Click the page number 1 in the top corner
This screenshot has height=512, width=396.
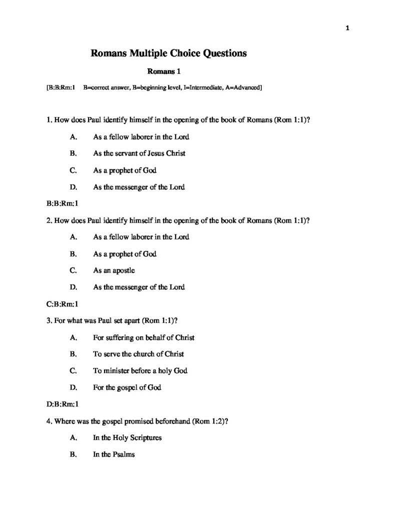click(347, 28)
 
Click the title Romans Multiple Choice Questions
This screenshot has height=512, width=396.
click(168, 53)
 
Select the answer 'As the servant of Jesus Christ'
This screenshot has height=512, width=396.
click(139, 153)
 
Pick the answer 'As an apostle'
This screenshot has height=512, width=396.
click(114, 270)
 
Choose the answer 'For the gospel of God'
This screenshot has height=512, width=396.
click(127, 387)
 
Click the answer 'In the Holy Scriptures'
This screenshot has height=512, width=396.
click(127, 438)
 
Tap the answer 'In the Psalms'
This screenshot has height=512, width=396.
click(114, 455)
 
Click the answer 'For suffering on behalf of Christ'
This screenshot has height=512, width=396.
click(144, 337)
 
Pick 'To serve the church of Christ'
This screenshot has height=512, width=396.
click(138, 354)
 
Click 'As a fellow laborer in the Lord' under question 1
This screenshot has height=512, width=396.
click(141, 136)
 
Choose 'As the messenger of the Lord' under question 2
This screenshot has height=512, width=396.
click(139, 287)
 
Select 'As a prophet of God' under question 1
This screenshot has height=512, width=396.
click(125, 170)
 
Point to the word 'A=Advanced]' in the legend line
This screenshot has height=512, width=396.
click(241, 88)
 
